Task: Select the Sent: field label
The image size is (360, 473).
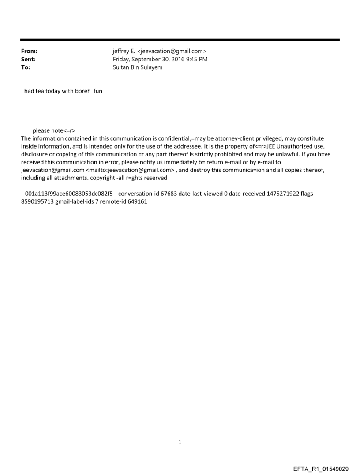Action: click(x=28, y=59)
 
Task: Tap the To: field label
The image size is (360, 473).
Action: click(x=26, y=67)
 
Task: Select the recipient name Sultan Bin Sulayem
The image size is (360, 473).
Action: click(x=138, y=67)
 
